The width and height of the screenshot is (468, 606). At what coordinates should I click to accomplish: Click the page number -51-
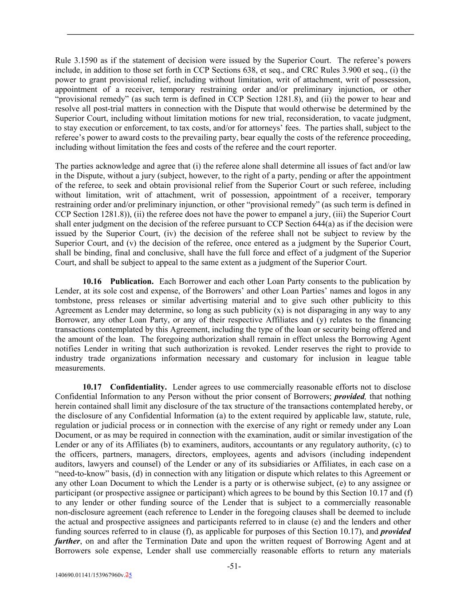click(234, 566)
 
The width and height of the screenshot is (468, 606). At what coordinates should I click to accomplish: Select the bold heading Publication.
click(132, 281)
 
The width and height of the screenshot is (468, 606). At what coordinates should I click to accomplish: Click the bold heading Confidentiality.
click(138, 387)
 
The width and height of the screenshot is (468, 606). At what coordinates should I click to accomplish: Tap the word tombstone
click(73, 301)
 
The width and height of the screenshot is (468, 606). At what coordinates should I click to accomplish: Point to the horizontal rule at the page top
click(240, 34)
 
